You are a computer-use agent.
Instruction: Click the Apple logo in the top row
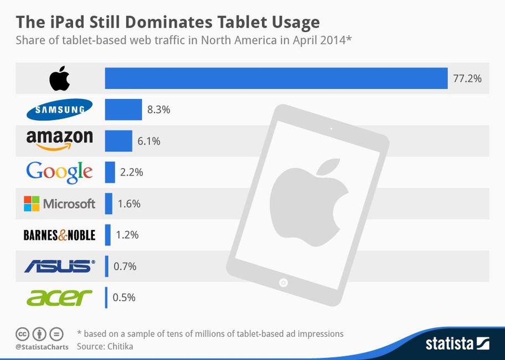(60, 78)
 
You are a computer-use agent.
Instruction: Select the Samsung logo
(59, 110)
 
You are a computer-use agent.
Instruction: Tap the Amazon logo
(59, 140)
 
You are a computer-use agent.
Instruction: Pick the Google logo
(59, 172)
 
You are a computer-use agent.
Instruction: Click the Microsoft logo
(59, 203)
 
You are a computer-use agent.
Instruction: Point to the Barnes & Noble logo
(59, 235)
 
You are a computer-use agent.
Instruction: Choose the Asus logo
(59, 266)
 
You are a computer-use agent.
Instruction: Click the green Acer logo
(59, 297)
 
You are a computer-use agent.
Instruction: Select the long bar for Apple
(276, 78)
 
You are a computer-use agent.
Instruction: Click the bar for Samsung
(123, 110)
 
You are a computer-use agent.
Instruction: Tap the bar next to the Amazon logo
(118, 141)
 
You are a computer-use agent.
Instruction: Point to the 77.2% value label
(467, 79)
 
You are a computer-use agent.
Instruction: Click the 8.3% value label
(158, 110)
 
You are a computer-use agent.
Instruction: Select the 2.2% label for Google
(132, 172)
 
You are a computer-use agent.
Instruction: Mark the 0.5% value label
(124, 297)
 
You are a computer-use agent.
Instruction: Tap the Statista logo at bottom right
(457, 343)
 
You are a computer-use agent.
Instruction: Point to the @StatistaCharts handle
(42, 347)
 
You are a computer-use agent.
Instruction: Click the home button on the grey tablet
(284, 282)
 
